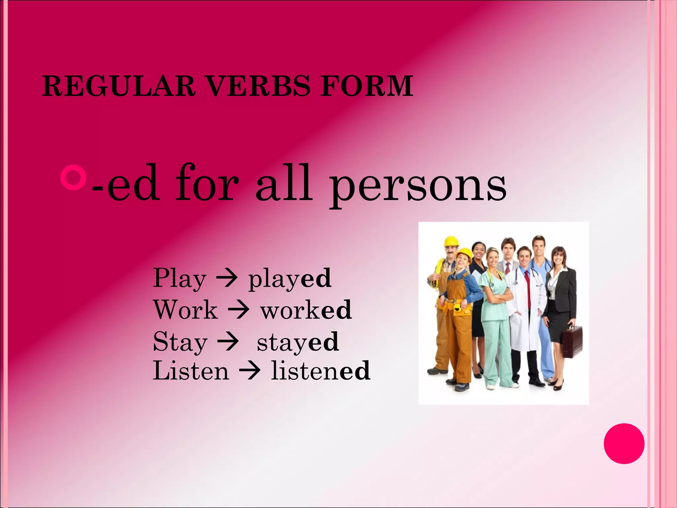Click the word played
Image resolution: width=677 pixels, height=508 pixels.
(x=290, y=279)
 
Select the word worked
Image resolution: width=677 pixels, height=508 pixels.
(x=306, y=310)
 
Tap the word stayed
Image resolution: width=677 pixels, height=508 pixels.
(x=298, y=342)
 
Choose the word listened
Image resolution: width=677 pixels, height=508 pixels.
(x=320, y=371)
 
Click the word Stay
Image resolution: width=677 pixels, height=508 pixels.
(x=180, y=342)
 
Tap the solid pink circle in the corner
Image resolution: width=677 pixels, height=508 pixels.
(x=624, y=444)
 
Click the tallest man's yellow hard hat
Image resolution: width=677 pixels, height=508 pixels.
(x=451, y=241)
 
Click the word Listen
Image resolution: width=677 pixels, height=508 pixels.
(x=191, y=371)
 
